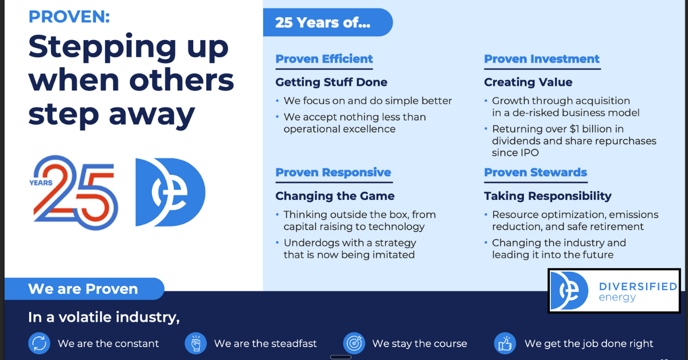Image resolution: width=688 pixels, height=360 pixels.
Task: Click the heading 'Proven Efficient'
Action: click(324, 58)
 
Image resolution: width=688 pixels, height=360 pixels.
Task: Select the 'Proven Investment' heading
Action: click(542, 58)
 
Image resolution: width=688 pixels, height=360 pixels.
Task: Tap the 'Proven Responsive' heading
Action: click(333, 173)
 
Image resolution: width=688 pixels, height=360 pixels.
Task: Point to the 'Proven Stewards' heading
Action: click(535, 173)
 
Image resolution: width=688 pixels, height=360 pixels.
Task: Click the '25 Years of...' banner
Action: click(328, 22)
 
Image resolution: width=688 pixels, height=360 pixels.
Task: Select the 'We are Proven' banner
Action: click(84, 289)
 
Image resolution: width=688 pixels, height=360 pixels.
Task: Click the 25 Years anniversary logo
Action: click(74, 193)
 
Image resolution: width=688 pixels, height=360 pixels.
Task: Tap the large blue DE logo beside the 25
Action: click(170, 192)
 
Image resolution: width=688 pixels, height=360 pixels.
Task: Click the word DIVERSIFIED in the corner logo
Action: click(638, 287)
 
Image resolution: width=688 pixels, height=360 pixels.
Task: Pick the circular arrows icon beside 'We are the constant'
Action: click(40, 343)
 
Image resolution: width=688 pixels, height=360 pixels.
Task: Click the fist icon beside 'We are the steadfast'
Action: click(196, 343)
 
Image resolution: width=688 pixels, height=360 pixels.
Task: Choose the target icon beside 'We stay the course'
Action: click(354, 343)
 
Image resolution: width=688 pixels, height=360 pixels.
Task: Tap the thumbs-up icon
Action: click(505, 343)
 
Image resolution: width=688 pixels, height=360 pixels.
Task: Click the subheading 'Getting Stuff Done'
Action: click(331, 83)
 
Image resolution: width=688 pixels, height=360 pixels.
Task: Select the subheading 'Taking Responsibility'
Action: click(548, 196)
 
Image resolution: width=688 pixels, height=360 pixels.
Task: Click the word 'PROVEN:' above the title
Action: click(69, 17)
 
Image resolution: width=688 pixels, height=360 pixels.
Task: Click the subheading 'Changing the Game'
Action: click(335, 196)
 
